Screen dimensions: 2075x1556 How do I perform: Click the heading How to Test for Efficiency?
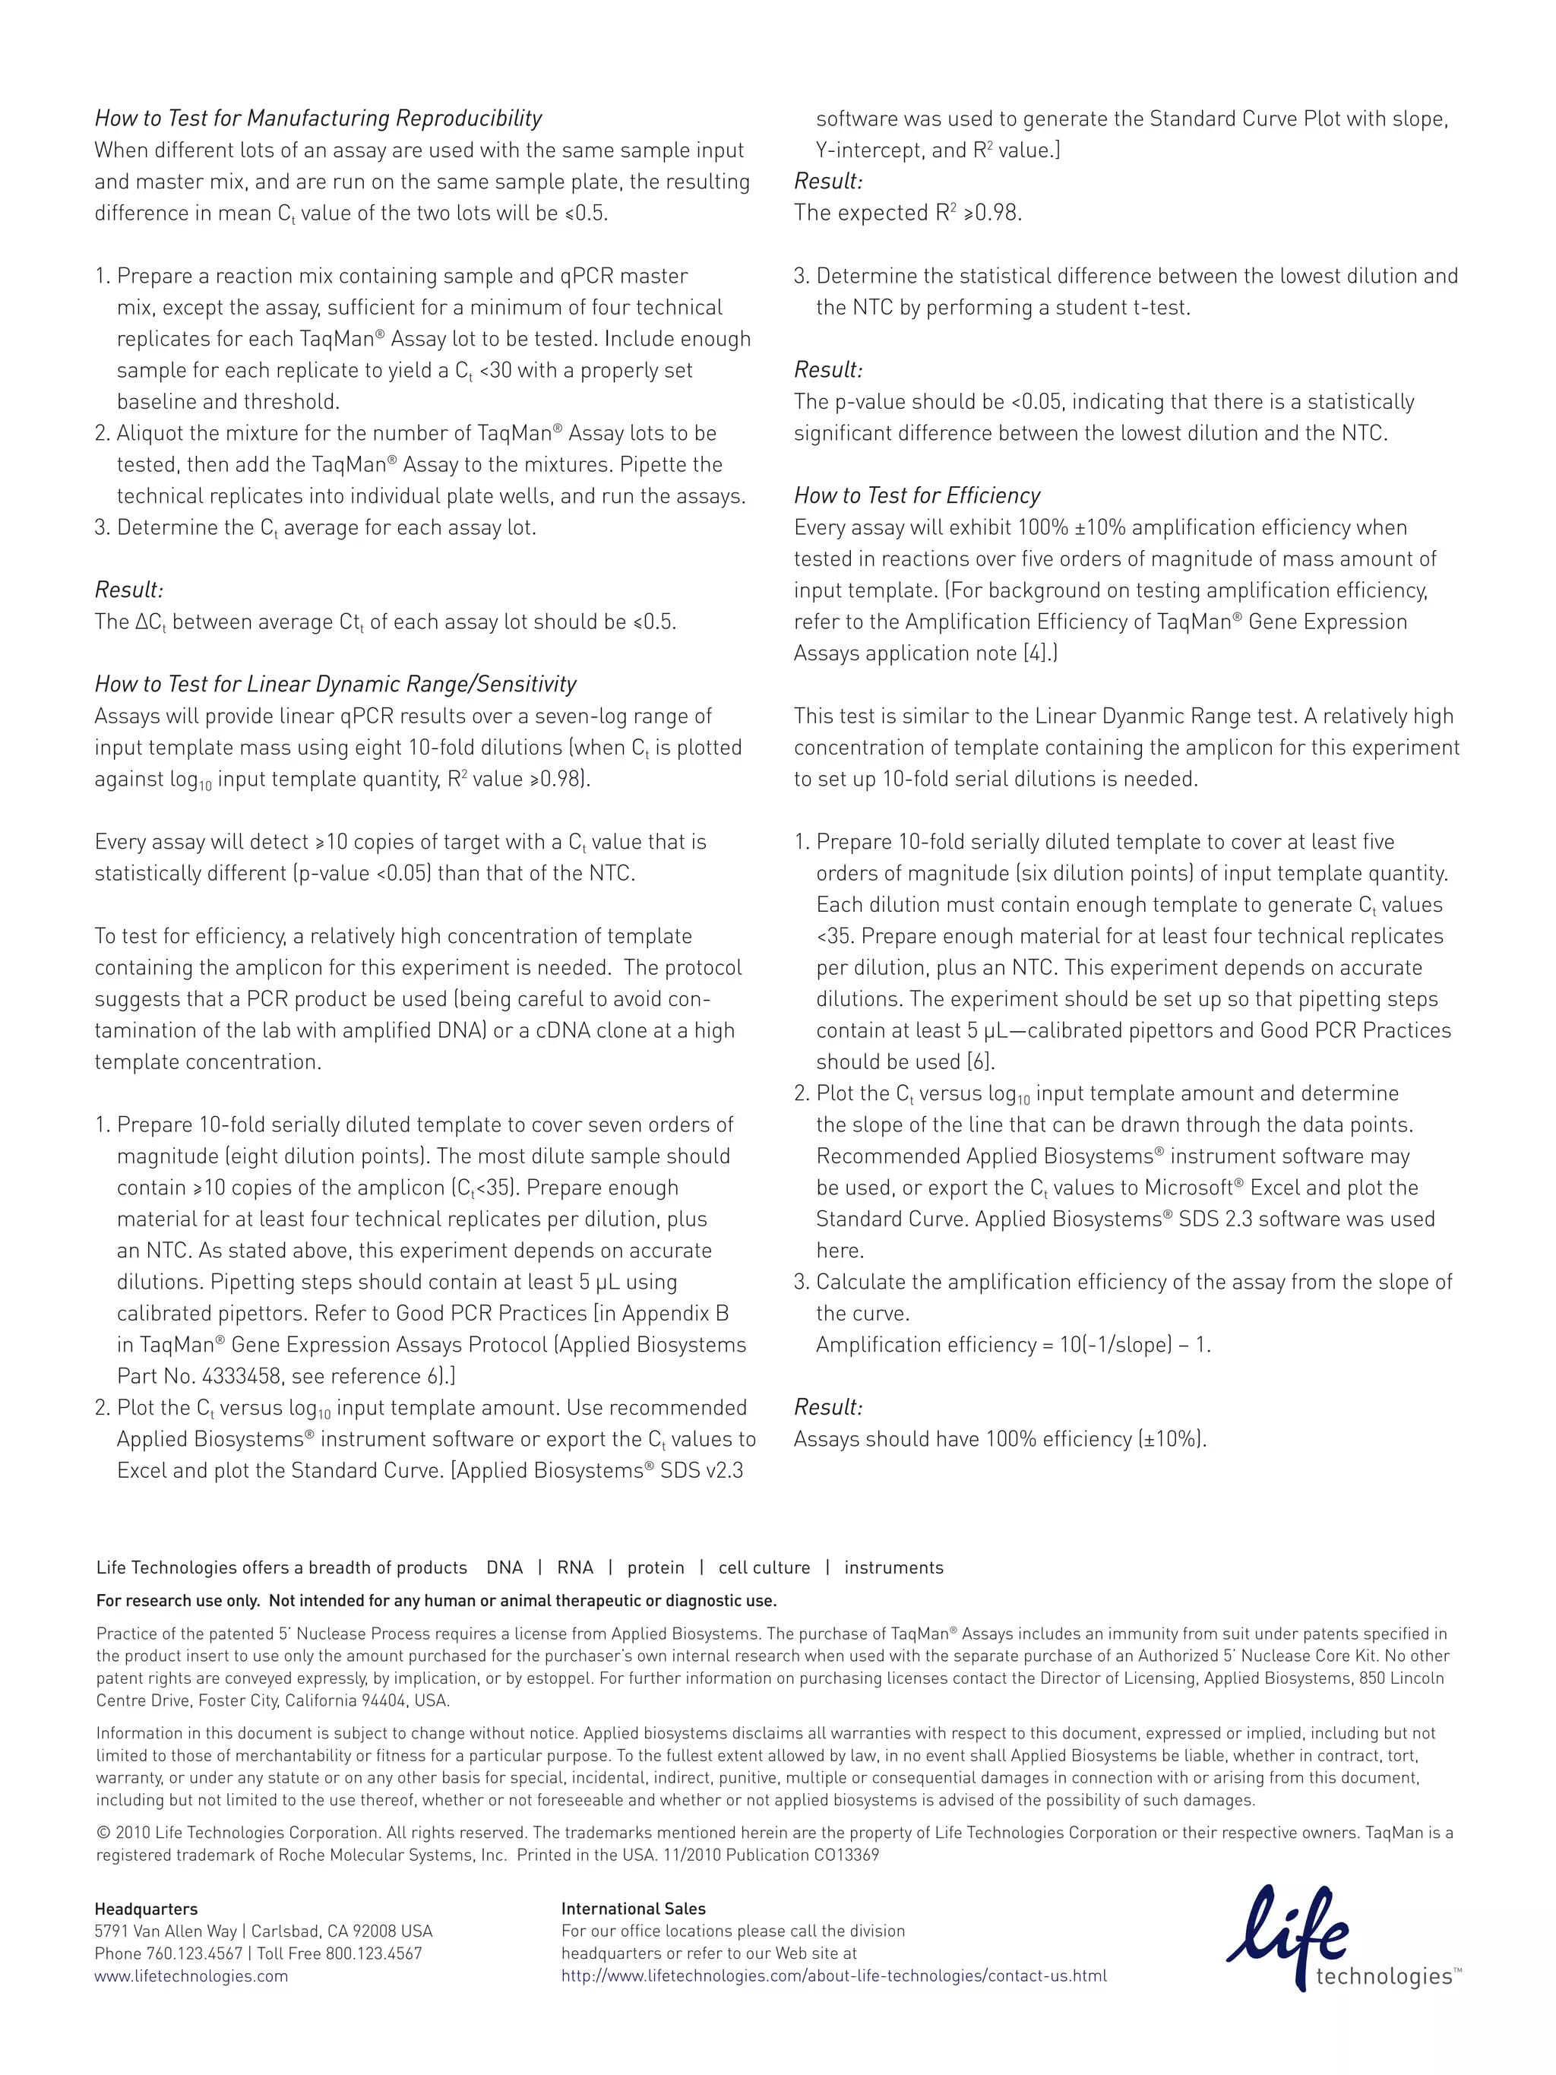(x=916, y=495)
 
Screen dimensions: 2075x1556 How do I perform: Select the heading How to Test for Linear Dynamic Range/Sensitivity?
(x=335, y=684)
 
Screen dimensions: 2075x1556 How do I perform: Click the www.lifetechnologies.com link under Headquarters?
(x=191, y=1975)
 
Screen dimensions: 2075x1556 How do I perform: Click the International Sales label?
(x=633, y=1909)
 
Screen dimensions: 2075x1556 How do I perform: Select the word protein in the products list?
(x=656, y=1567)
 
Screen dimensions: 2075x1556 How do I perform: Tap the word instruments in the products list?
(x=893, y=1567)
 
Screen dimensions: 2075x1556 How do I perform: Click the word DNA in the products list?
(x=504, y=1567)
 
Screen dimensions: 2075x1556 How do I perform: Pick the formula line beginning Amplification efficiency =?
(x=1013, y=1345)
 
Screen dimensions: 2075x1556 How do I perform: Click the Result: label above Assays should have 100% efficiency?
(x=827, y=1407)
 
